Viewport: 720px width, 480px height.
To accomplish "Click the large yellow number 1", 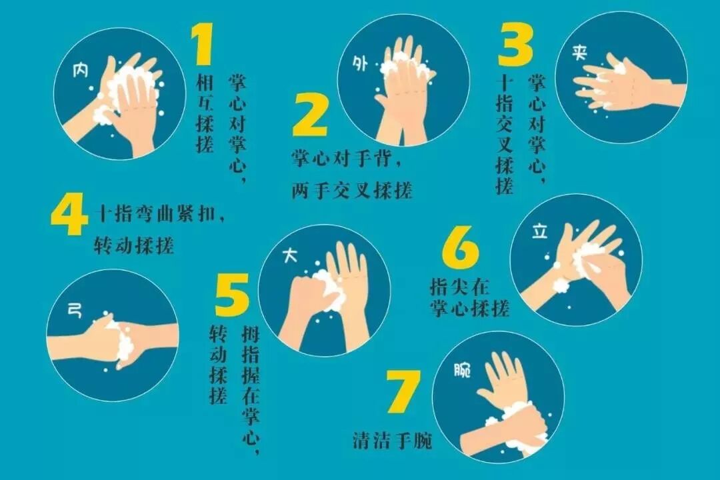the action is [203, 45].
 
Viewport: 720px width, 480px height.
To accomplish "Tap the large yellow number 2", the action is [310, 115].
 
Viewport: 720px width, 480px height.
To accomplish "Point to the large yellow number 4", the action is [68, 213].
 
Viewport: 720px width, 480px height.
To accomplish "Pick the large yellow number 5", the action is [233, 295].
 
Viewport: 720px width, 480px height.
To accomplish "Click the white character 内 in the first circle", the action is [81, 70].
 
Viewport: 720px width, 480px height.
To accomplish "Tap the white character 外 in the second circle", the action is [360, 63].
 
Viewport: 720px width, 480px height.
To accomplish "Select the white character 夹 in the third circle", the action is [580, 53].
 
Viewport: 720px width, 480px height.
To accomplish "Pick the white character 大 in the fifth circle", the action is [290, 256].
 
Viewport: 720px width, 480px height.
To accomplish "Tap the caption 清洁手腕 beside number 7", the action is [393, 441].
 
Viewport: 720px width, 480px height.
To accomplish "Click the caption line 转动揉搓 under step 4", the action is [134, 246].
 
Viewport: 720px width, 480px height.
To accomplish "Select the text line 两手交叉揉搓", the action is [352, 190].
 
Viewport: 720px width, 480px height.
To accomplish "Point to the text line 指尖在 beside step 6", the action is [459, 287].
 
